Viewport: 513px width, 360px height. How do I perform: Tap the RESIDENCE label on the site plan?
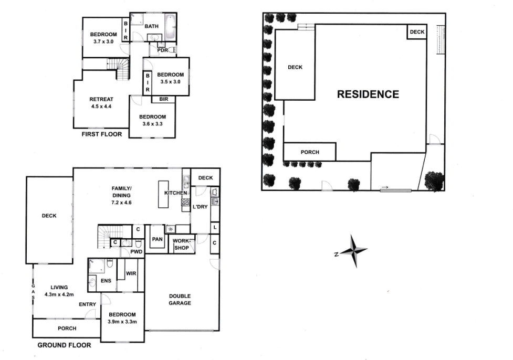click(368, 94)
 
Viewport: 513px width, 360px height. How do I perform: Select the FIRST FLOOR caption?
click(102, 134)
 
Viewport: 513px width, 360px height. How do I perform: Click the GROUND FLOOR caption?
click(64, 345)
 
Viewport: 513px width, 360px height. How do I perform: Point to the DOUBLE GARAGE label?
click(180, 300)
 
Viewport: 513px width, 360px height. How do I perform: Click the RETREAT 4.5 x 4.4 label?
click(101, 102)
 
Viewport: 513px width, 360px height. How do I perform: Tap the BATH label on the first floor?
click(152, 26)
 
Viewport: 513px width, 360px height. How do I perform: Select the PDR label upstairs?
click(162, 50)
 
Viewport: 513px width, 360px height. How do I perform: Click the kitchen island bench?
click(163, 194)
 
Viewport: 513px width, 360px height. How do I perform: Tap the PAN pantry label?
click(156, 239)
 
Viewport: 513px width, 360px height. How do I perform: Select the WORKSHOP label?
click(181, 245)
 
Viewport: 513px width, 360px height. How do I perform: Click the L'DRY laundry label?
click(201, 207)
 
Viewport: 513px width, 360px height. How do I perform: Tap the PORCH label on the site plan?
click(310, 153)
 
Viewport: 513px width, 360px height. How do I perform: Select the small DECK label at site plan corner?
click(417, 33)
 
